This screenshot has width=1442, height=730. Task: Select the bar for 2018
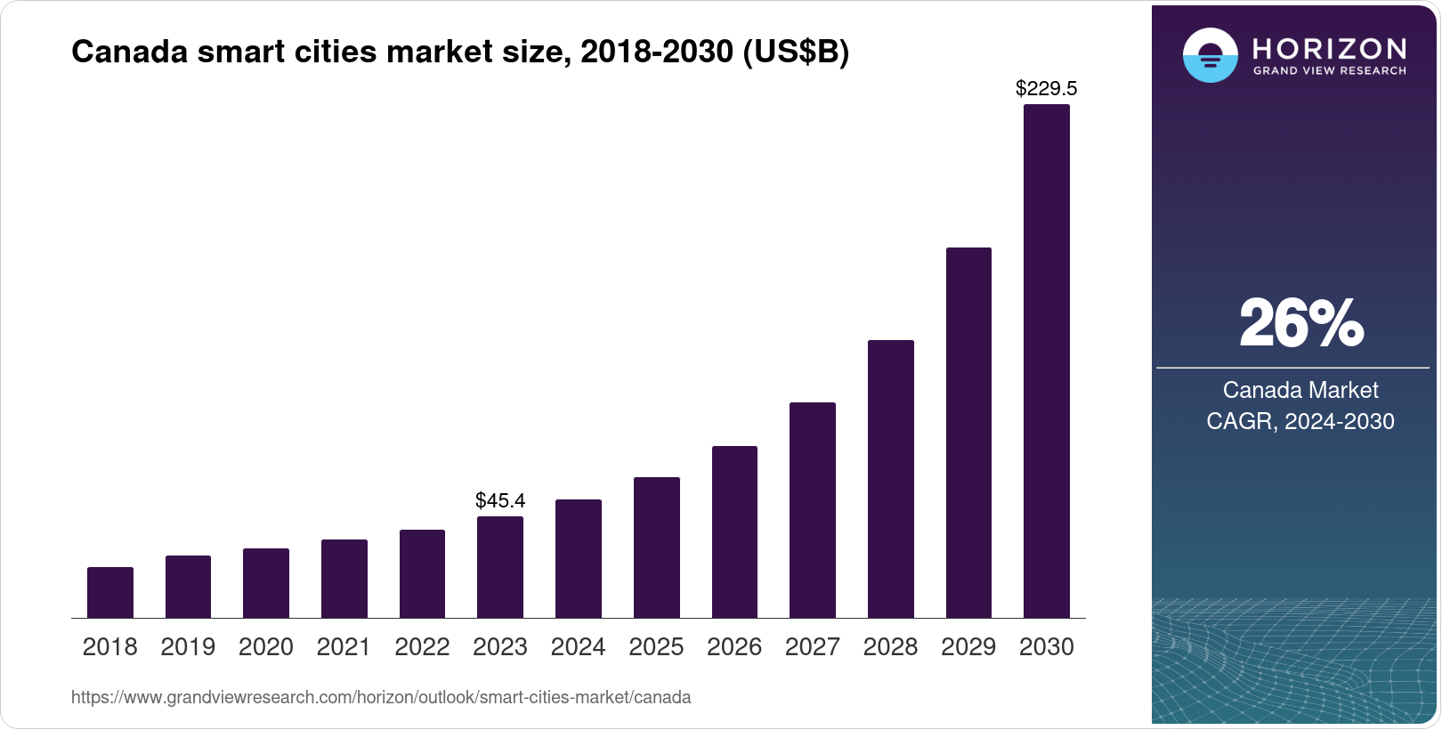[x=110, y=592]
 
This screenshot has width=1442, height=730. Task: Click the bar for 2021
[x=344, y=579]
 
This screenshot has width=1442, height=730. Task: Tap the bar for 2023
[x=500, y=567]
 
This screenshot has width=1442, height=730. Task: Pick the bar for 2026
[x=734, y=531]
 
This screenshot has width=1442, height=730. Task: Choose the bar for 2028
[x=891, y=479]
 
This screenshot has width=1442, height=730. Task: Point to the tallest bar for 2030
[x=1047, y=361]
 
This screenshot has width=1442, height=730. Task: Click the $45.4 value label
[x=500, y=500]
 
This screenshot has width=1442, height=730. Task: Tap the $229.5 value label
[x=1047, y=88]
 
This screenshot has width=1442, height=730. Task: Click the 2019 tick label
[x=188, y=647]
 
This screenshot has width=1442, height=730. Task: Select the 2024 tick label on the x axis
[x=579, y=647]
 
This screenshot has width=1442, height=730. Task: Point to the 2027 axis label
[x=813, y=647]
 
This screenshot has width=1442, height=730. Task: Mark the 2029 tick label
[x=968, y=647]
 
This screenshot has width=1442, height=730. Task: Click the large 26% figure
[x=1300, y=323]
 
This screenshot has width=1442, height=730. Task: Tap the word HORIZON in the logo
[x=1329, y=48]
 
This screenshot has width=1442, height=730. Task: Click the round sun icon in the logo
[x=1210, y=55]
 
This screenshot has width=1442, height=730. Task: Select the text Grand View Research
[x=1329, y=70]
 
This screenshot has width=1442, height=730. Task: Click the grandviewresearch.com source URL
[x=381, y=697]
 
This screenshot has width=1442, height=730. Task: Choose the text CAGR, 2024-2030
[x=1300, y=421]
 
